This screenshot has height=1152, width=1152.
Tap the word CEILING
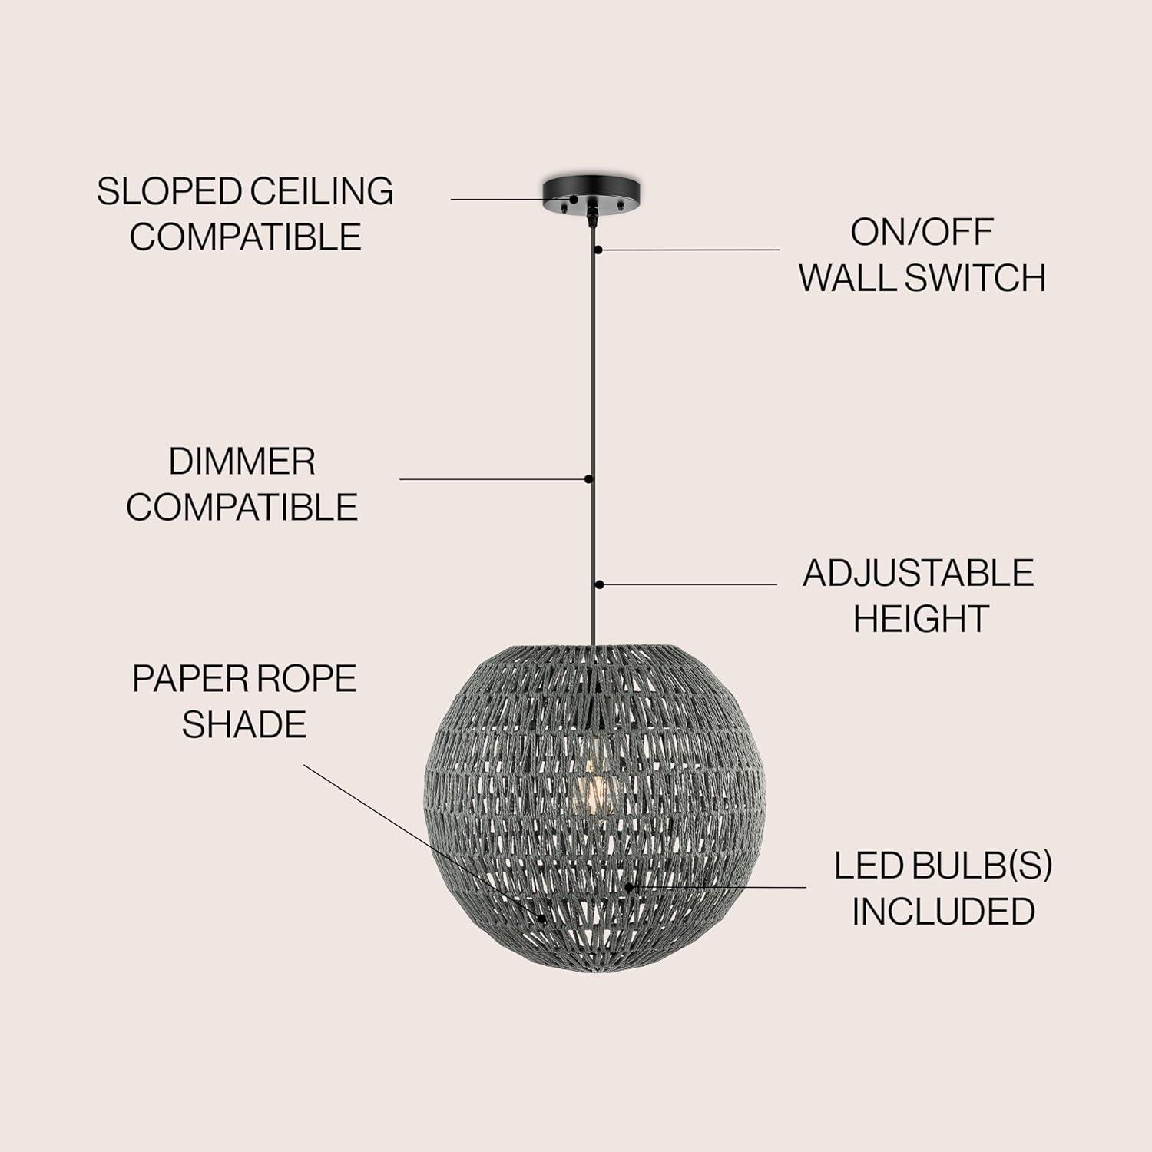click(323, 191)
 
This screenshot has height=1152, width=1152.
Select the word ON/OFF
click(922, 233)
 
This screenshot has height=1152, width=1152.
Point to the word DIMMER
click(242, 462)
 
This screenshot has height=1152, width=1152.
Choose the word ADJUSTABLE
click(919, 574)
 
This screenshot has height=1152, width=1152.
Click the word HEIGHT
click(921, 619)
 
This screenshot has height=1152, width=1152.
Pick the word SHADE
click(244, 724)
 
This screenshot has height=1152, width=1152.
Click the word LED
click(867, 866)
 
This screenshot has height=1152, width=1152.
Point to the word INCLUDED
click(943, 912)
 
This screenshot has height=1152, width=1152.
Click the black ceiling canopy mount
click(592, 196)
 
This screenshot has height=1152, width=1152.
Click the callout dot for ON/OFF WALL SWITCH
click(598, 250)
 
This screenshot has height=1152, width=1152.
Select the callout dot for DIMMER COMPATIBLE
click(588, 479)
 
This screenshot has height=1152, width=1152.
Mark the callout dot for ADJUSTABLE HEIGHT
click(599, 584)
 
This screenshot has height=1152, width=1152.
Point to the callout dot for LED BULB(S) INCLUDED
click(628, 887)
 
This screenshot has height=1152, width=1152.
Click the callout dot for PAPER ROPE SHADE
click(541, 918)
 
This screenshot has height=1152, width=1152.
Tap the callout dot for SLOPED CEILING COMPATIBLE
click(573, 200)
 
